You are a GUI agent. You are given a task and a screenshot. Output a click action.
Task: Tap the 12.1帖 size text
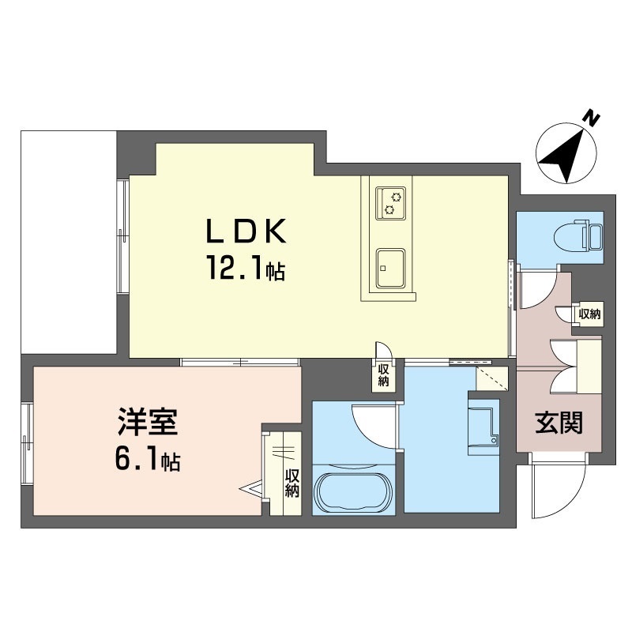point(246,271)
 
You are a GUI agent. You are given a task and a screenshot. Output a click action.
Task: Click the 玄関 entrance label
point(560,424)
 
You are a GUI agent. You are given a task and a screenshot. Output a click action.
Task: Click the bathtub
point(353,493)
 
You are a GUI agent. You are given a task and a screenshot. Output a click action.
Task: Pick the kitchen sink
point(391,269)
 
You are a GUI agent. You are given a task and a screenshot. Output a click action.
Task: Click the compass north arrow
point(567,153)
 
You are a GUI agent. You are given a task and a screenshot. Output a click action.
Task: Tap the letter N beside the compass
point(592,118)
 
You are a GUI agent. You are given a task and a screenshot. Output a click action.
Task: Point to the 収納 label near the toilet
point(589,314)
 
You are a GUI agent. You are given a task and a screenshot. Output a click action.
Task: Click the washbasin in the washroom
point(483,427)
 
